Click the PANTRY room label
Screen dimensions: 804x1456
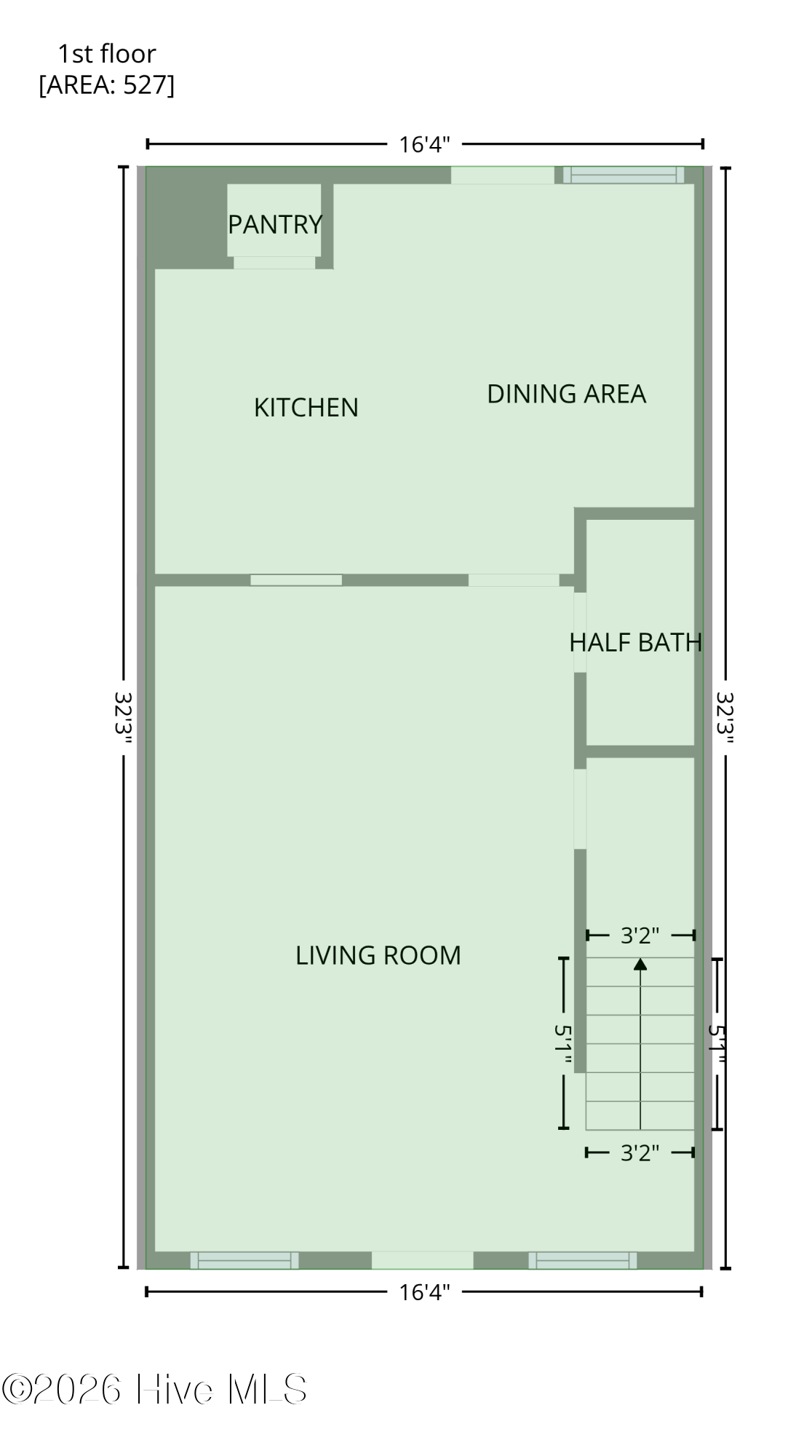point(275,224)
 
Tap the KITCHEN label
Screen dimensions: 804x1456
point(306,408)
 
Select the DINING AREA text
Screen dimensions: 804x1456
point(566,394)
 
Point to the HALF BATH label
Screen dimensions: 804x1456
point(635,642)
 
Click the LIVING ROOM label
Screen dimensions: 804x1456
point(378,955)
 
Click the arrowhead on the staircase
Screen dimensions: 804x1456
point(640,964)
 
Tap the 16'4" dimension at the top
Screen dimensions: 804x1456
point(424,144)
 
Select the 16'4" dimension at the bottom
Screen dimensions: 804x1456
point(424,1292)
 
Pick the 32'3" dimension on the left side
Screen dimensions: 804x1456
point(124,717)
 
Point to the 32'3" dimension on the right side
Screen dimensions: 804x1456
point(725,717)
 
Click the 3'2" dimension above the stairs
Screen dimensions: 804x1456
point(640,935)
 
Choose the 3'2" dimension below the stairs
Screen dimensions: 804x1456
point(640,1152)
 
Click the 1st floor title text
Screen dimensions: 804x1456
point(107,54)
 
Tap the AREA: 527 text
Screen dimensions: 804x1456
point(107,85)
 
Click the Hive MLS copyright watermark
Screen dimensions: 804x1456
point(154,1389)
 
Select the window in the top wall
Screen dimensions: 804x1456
point(624,175)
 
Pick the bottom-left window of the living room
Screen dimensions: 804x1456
point(244,1260)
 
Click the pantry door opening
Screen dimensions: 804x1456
point(274,263)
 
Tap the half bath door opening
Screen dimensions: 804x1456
point(580,633)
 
